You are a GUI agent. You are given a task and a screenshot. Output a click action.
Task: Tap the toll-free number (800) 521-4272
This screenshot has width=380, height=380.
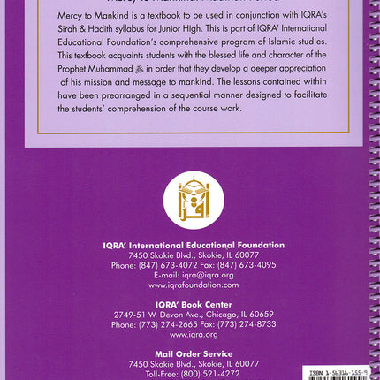point(217,373)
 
